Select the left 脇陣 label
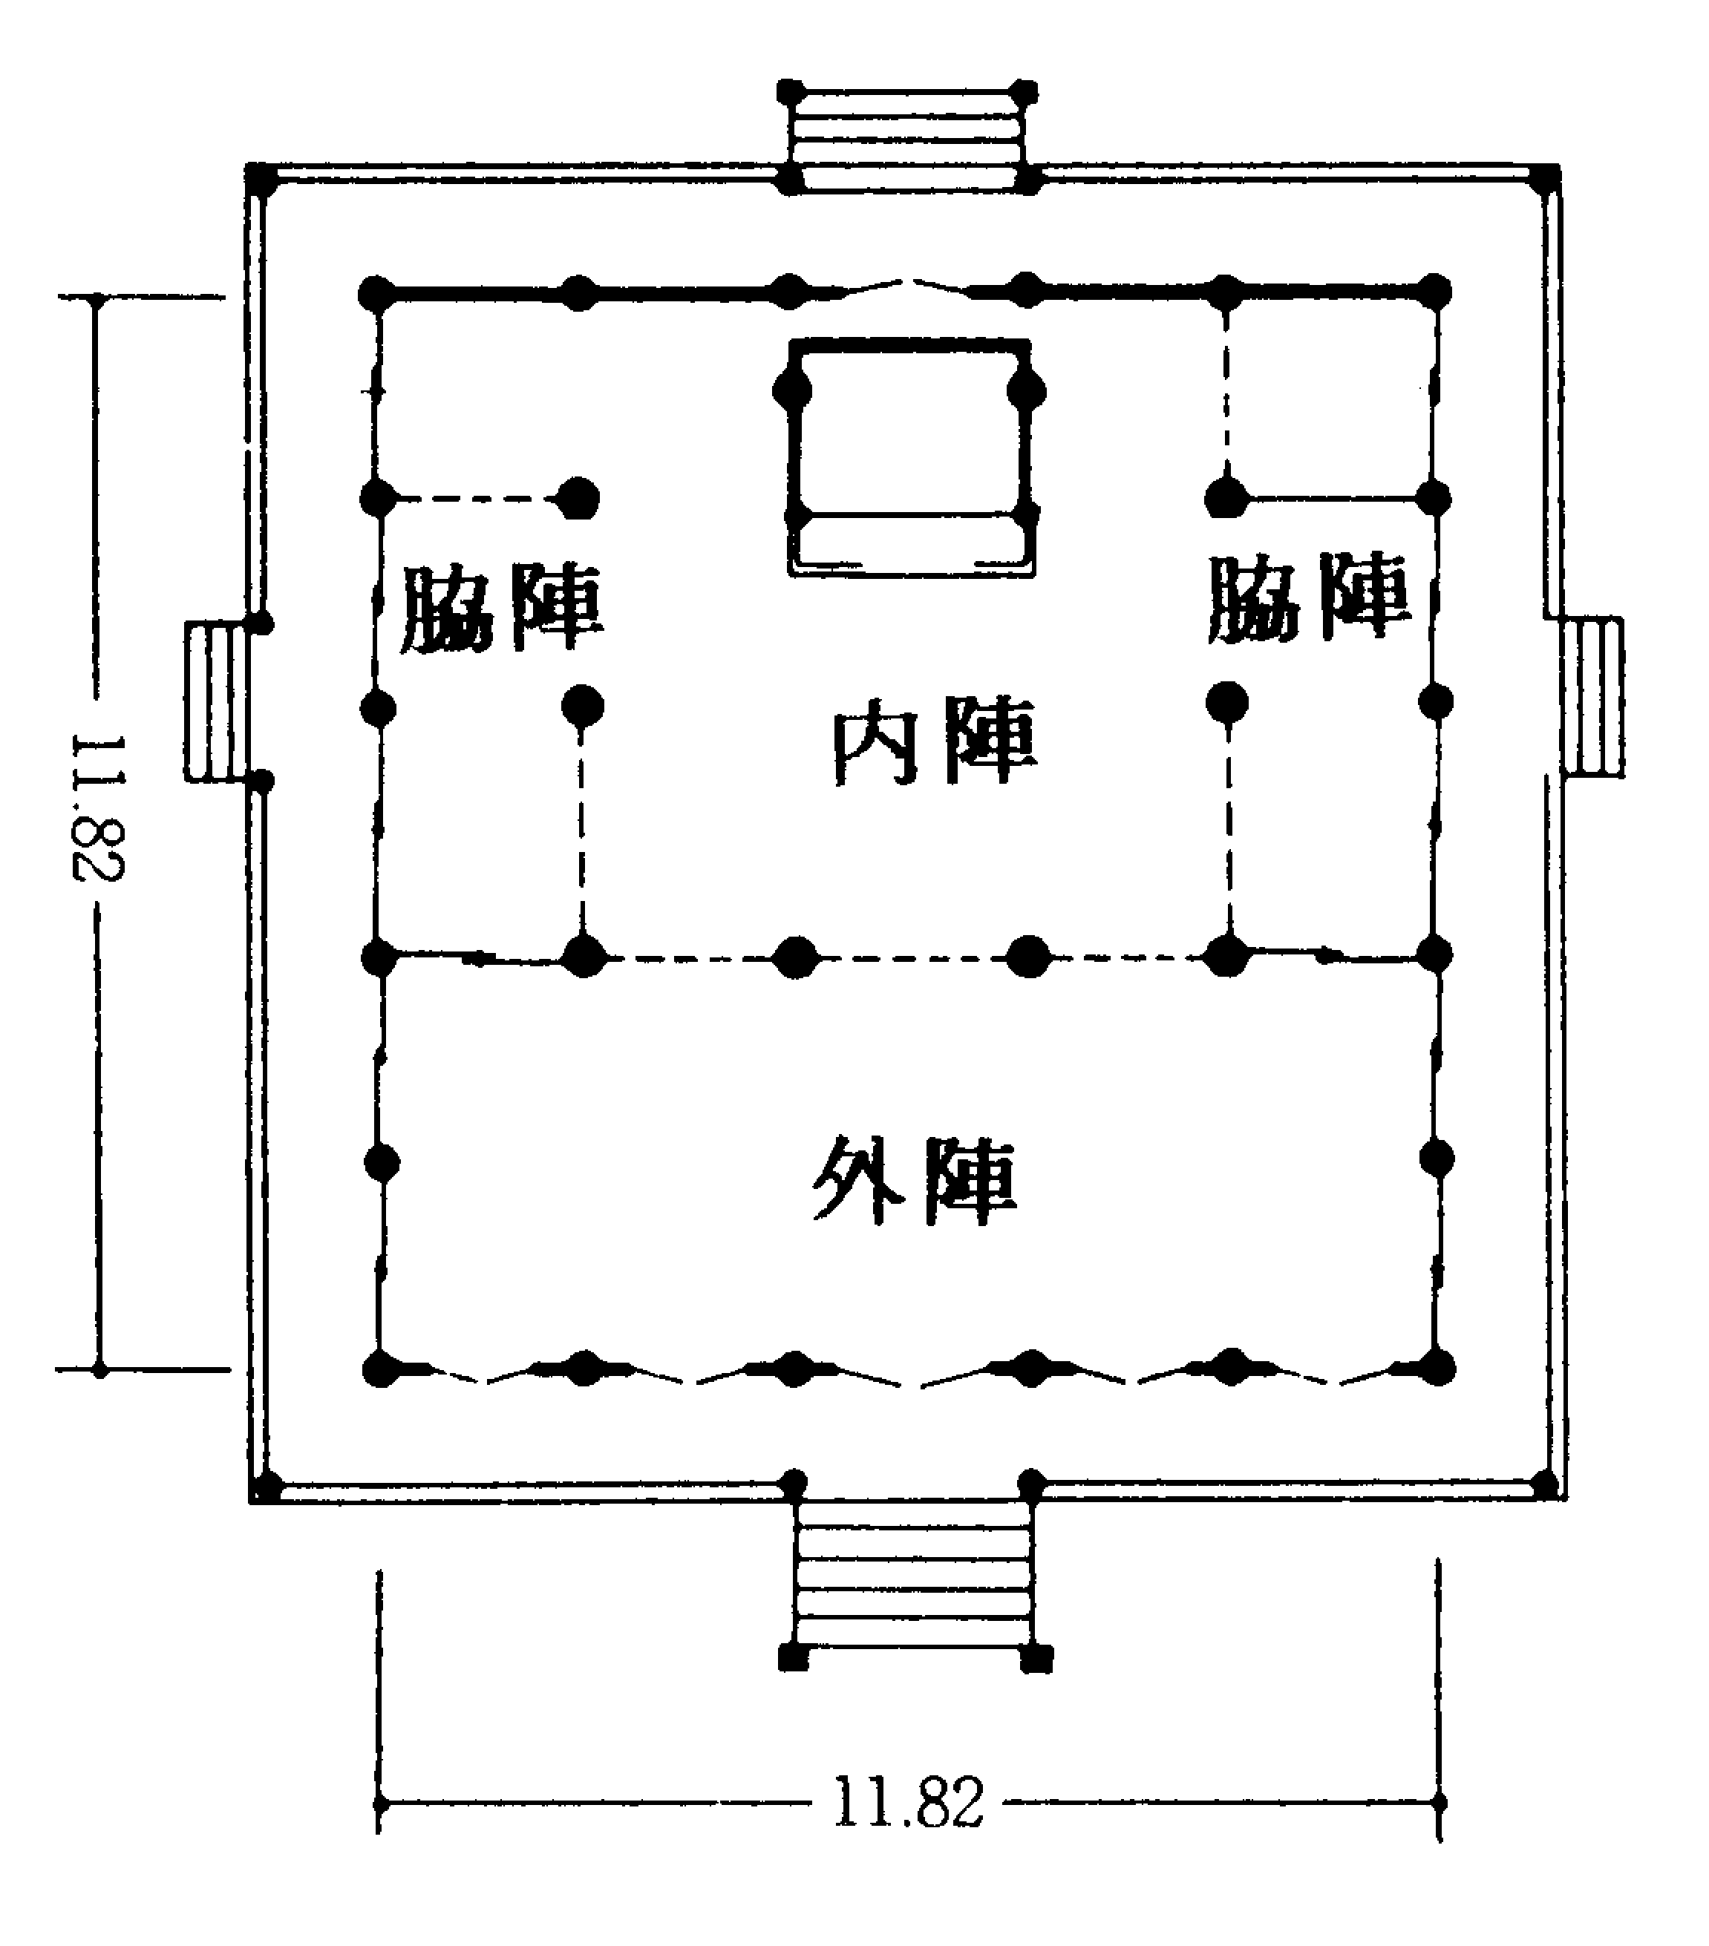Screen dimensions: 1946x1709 coord(502,609)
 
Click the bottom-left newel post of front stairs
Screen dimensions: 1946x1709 coord(793,1657)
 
